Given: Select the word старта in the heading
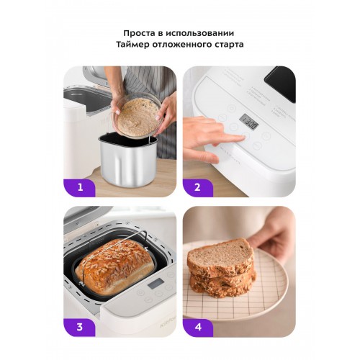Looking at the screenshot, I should point(228,45).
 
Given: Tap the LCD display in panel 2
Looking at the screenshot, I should point(248,122).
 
